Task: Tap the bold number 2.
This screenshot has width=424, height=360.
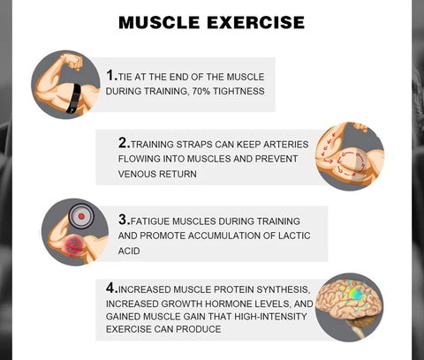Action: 124,141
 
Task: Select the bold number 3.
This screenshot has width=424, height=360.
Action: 124,219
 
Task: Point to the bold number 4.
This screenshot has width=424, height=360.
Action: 111,287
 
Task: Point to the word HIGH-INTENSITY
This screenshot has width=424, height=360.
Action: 254,317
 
